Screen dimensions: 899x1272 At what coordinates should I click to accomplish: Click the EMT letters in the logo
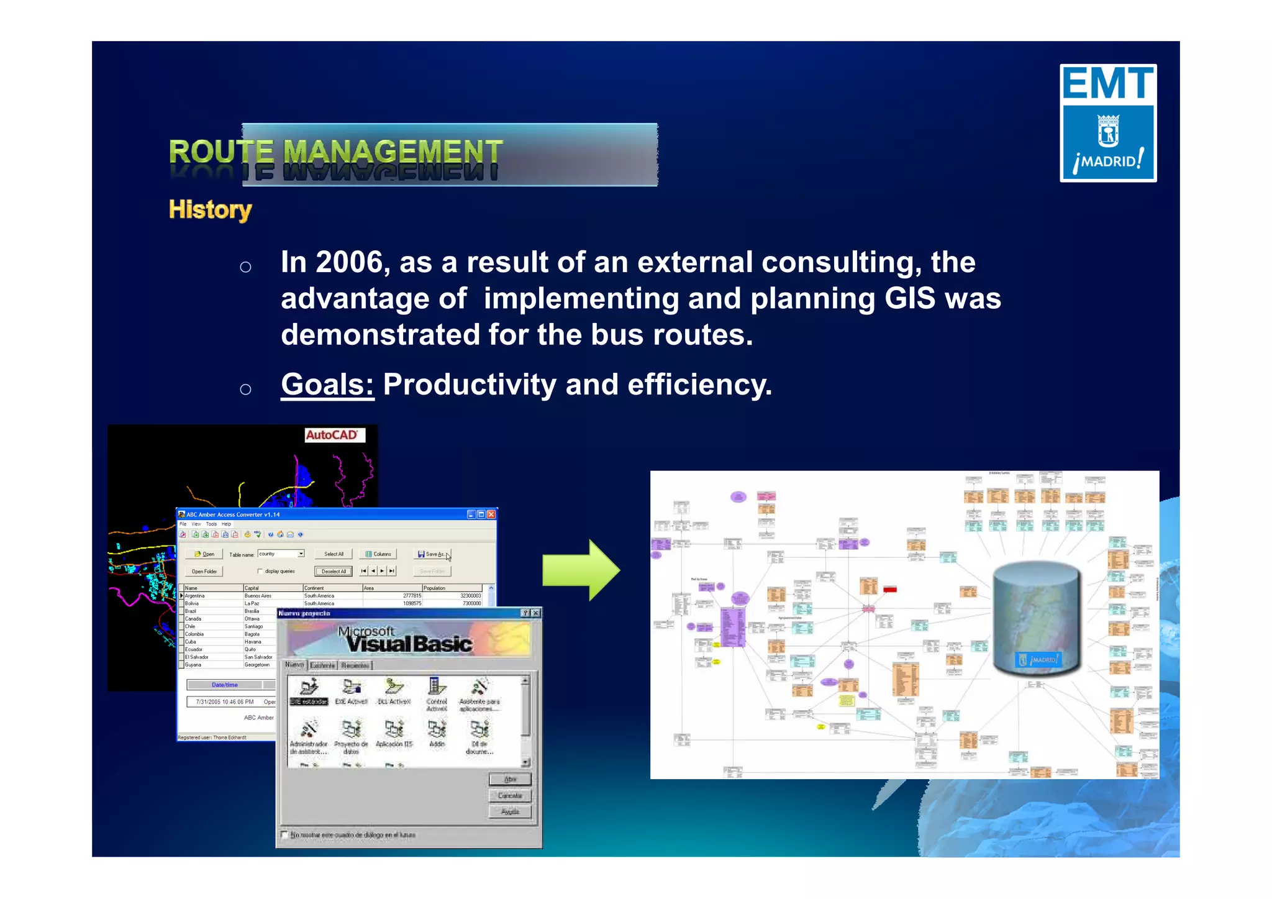tap(1107, 83)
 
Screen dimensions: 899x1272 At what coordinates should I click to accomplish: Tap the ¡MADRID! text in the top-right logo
tap(1108, 162)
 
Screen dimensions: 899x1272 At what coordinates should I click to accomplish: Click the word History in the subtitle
tap(210, 210)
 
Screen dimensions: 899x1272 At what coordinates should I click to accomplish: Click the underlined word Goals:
tap(327, 385)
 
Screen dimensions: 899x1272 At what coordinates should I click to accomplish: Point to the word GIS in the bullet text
tap(910, 298)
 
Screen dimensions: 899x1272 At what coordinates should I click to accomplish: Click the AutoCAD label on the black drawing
tap(333, 435)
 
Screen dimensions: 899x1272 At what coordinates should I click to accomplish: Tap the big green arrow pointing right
tap(581, 570)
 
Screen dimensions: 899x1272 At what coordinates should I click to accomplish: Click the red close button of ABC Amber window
tap(491, 514)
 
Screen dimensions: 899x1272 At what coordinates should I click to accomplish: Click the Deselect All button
tap(334, 572)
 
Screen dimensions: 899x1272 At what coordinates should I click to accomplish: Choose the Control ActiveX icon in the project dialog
tap(437, 691)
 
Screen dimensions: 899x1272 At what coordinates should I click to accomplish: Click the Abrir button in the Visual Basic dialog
tap(509, 779)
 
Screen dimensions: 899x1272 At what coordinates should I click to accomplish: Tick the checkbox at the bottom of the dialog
tap(284, 835)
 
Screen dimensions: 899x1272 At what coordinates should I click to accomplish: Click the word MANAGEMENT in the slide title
tap(393, 152)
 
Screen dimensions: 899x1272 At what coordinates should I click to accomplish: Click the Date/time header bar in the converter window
tap(225, 685)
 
